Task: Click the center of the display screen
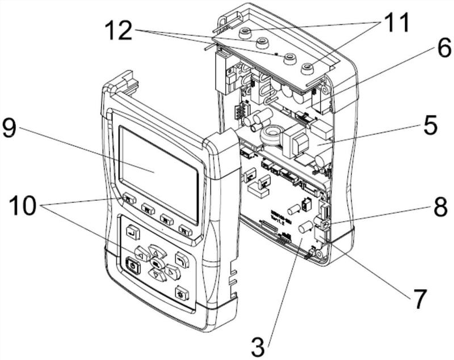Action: pos(159,171)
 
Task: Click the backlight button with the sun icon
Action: pos(182,294)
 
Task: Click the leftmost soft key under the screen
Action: pos(129,199)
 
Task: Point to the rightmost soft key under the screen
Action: pos(185,229)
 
